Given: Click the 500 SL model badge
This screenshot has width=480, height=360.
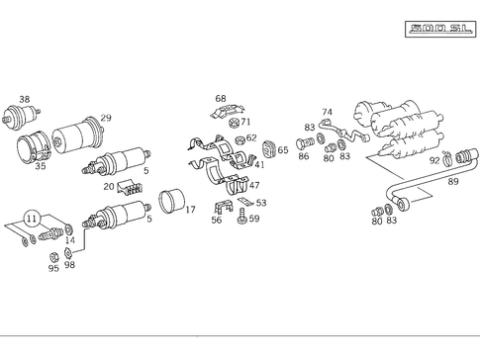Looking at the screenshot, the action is tap(440, 29).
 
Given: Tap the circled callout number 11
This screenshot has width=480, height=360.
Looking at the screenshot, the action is tap(32, 219).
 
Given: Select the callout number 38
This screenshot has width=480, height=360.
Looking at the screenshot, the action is tap(25, 99).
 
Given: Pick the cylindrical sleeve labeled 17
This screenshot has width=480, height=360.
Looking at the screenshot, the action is tap(172, 200).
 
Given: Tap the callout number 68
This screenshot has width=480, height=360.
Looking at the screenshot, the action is tap(221, 99).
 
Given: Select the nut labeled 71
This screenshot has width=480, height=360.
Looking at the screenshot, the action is tap(235, 123).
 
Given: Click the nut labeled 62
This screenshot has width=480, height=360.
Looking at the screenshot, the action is tap(240, 140).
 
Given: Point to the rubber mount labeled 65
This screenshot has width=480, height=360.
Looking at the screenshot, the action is tap(269, 149).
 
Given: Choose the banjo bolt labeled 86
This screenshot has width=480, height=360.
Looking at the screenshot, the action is tap(305, 143).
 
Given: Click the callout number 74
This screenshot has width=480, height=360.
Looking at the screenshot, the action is tap(328, 112).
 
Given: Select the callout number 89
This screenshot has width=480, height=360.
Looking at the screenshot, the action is tap(453, 181).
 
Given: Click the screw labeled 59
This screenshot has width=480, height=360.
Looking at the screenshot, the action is tap(242, 216).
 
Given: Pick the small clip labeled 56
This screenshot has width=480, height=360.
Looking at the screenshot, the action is tap(224, 207).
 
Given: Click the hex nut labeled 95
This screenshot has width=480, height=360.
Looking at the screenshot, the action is tap(53, 257).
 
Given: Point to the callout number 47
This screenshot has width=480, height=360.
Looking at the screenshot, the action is tap(254, 185).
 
